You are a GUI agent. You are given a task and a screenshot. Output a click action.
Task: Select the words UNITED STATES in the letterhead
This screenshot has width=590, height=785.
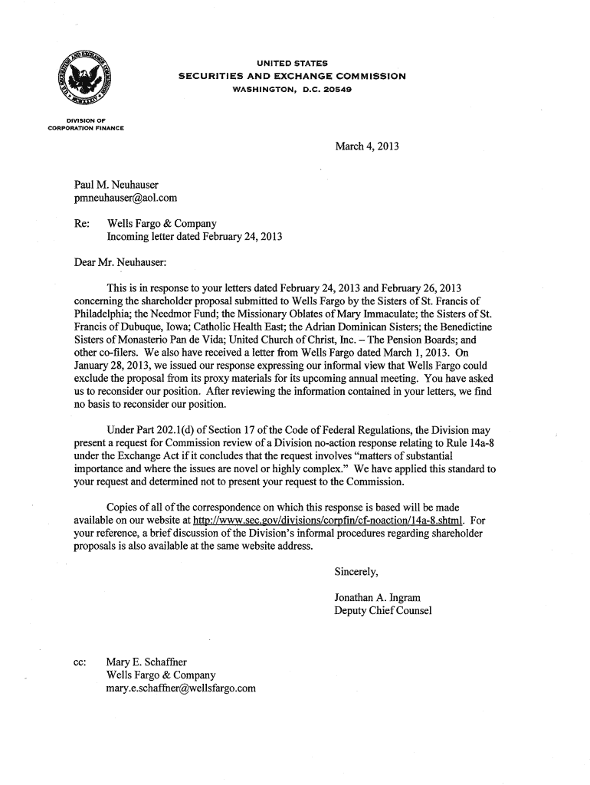click(x=292, y=62)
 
